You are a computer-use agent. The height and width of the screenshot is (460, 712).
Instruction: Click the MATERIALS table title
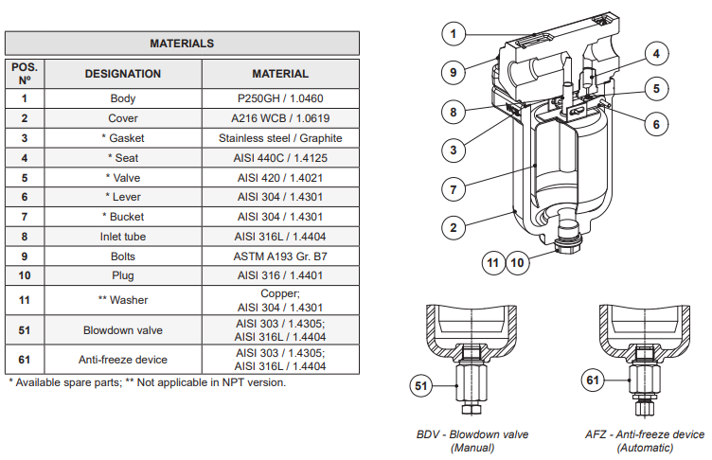[x=182, y=44]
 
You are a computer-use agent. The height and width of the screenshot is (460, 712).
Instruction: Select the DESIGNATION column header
[x=123, y=74]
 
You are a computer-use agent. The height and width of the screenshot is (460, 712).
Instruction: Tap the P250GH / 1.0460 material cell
[x=280, y=98]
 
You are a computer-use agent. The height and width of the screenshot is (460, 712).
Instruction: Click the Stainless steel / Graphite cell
[x=280, y=138]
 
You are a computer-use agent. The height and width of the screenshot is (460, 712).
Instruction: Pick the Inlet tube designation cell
[x=123, y=237]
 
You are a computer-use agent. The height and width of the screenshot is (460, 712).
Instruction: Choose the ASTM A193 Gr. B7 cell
[x=280, y=257]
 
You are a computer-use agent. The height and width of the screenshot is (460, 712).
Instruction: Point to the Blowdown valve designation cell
[x=123, y=330]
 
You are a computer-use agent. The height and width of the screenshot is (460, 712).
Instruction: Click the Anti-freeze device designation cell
[x=123, y=360]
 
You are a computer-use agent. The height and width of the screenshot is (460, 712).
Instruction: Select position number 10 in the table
[x=25, y=276]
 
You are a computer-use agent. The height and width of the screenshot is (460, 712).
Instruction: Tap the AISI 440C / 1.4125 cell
[x=280, y=158]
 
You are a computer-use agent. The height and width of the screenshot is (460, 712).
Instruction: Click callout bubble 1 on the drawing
[x=454, y=33]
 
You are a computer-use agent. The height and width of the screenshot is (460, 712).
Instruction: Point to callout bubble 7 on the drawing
[x=454, y=190]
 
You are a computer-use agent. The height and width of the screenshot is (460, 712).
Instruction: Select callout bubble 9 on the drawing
[x=454, y=72]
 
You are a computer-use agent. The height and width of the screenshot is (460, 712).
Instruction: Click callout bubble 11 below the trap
[x=492, y=262]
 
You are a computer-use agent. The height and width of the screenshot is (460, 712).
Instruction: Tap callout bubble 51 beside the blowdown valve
[x=422, y=385]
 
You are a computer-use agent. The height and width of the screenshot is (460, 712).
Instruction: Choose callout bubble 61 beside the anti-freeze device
[x=593, y=381]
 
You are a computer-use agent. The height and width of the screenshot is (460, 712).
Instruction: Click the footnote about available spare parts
[x=147, y=382]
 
